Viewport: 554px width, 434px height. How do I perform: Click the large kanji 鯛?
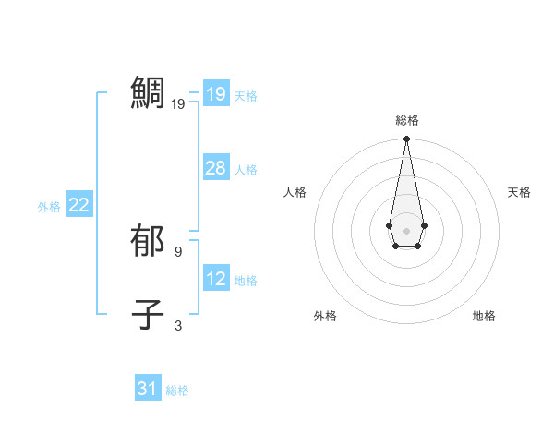pyautogui.click(x=148, y=93)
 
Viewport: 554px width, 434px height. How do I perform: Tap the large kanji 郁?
pyautogui.click(x=148, y=241)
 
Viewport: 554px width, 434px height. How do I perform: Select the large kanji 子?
pyautogui.click(x=148, y=315)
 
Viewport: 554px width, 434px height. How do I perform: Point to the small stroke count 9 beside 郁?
pyautogui.click(x=178, y=251)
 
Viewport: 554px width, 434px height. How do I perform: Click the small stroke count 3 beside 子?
pyautogui.click(x=178, y=325)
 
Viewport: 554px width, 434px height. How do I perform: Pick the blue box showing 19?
pyautogui.click(x=215, y=94)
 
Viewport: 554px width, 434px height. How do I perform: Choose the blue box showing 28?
pyautogui.click(x=215, y=168)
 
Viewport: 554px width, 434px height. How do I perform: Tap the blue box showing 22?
pyautogui.click(x=78, y=205)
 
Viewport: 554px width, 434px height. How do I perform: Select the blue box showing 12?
pyautogui.click(x=215, y=279)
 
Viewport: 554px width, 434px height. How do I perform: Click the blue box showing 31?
pyautogui.click(x=148, y=389)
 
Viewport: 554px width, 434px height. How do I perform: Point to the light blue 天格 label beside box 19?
pyautogui.click(x=246, y=96)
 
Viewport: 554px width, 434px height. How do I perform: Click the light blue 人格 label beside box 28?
pyautogui.click(x=246, y=170)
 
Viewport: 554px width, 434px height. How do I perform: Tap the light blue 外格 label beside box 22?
pyautogui.click(x=49, y=207)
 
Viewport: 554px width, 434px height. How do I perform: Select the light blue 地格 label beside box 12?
pyautogui.click(x=246, y=281)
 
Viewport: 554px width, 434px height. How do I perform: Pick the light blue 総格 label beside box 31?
pyautogui.click(x=177, y=391)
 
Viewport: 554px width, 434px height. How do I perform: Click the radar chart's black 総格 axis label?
pyautogui.click(x=406, y=120)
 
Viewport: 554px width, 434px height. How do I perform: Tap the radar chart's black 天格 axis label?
pyautogui.click(x=519, y=192)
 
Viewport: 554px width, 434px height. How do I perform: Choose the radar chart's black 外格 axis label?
pyautogui.click(x=324, y=316)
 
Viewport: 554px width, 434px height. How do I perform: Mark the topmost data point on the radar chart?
pyautogui.click(x=406, y=139)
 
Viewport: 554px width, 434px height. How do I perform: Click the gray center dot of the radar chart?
pyautogui.click(x=406, y=231)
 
